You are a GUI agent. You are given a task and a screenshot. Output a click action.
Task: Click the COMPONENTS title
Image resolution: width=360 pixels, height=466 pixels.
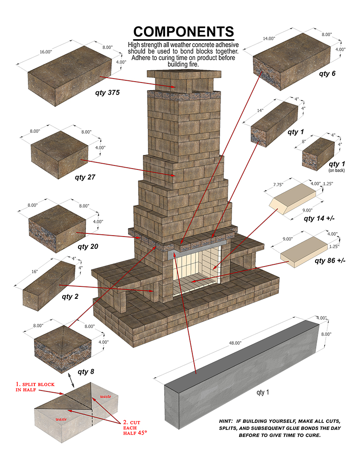184,32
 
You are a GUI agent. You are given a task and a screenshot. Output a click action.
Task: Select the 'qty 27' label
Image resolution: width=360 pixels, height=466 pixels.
85,177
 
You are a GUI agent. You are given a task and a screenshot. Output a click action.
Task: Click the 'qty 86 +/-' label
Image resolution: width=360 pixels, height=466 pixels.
330,260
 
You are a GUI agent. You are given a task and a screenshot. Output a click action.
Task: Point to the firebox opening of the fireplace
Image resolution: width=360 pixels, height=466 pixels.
196,269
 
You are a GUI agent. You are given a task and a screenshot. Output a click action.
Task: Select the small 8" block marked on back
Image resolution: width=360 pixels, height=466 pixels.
318,152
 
